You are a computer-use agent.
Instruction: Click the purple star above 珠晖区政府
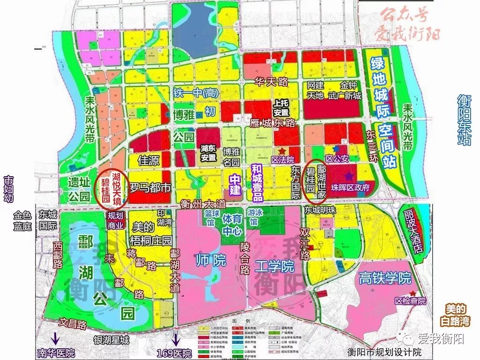coord(349,176)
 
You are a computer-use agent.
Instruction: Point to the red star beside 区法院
coord(283,151)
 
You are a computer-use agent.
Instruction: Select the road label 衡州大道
coord(203,204)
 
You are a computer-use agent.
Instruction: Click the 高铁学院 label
coord(384,278)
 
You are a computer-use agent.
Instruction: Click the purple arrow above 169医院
coord(177,337)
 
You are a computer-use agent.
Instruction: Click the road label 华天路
coord(271,82)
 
